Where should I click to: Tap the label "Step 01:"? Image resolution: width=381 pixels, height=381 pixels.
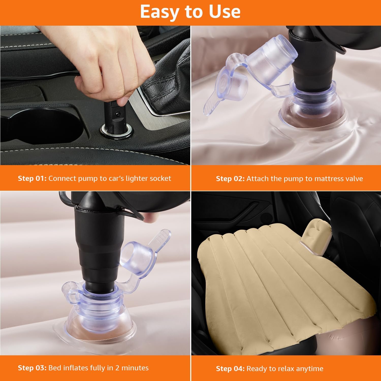click(x=32, y=178)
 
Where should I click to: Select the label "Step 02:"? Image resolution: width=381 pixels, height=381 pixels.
click(x=230, y=179)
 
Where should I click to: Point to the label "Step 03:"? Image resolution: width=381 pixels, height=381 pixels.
click(x=32, y=368)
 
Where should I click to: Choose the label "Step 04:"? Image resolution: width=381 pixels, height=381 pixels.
click(x=230, y=369)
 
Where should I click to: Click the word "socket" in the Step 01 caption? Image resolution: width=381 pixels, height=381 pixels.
click(x=160, y=178)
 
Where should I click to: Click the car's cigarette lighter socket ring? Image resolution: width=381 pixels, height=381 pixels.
click(x=117, y=130)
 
